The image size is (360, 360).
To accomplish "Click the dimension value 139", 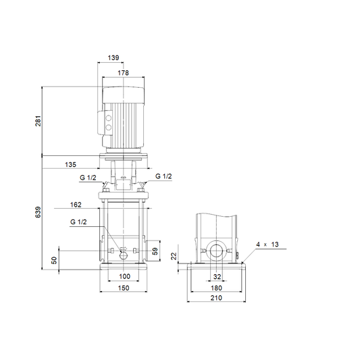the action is click(113, 57).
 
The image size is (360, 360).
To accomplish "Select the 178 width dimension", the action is click(124, 73).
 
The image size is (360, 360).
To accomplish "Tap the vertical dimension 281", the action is click(38, 121).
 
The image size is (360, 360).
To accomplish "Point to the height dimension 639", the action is click(38, 212).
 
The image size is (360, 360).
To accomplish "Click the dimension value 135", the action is click(70, 165).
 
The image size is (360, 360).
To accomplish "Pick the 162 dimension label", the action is click(76, 205).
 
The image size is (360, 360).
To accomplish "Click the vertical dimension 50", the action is click(54, 260).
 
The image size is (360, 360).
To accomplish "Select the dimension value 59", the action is click(155, 251).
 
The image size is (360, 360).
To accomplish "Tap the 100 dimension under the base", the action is click(124, 276).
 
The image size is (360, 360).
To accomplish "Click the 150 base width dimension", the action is click(124, 288).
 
